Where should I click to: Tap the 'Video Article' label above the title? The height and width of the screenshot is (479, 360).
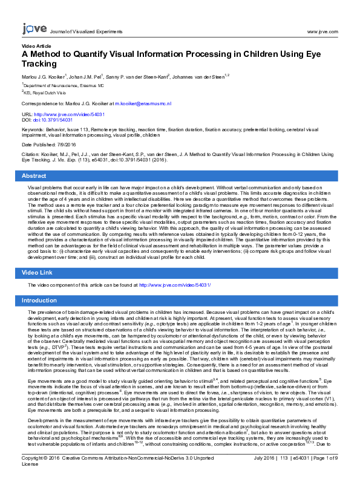click(x=36, y=45)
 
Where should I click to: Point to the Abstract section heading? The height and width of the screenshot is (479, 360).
click(x=34, y=175)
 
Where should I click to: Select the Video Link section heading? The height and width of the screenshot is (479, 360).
click(x=38, y=273)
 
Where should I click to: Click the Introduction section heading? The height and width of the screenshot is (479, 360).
click(x=39, y=300)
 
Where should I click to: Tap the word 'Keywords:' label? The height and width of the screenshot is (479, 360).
click(x=33, y=129)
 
